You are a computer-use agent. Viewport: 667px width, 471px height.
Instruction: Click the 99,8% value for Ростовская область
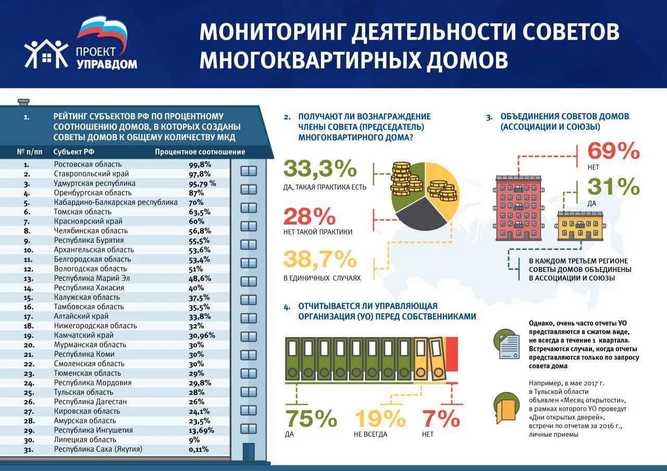[x=199, y=164]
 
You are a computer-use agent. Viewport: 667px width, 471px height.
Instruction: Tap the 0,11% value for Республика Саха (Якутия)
[x=198, y=449]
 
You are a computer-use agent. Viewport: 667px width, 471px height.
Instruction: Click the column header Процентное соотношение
[x=200, y=152]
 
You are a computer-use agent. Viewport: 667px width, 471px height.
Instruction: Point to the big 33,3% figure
[x=320, y=169]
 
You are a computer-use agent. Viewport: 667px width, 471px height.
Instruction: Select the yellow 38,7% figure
[x=320, y=259]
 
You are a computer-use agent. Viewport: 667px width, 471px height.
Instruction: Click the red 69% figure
[x=613, y=151]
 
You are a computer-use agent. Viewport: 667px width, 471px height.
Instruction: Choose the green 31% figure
[x=613, y=187]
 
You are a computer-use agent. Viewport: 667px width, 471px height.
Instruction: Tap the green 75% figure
[x=311, y=419]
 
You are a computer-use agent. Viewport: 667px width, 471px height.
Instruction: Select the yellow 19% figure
[x=380, y=419]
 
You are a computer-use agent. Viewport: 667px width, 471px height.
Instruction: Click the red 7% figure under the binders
[x=441, y=419]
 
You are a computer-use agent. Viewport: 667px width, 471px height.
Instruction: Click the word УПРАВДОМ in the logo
[x=107, y=64]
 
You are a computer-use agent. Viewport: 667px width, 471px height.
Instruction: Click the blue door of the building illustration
[x=249, y=451]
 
